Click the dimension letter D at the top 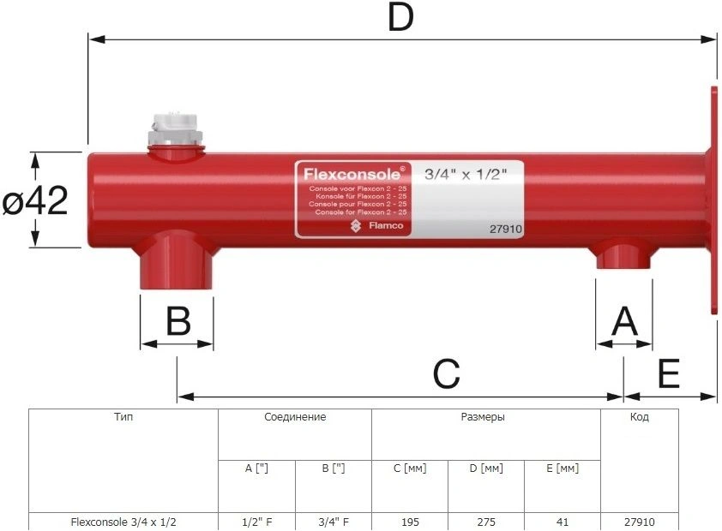[x=400, y=18]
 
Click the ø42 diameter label [x=35, y=202]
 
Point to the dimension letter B [x=177, y=321]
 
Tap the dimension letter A [x=624, y=322]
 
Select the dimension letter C [x=446, y=373]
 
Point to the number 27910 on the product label [x=506, y=229]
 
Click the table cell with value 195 [x=409, y=522]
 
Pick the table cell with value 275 [x=485, y=522]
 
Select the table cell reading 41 [x=562, y=522]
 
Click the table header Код [x=639, y=417]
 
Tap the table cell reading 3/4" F [x=333, y=522]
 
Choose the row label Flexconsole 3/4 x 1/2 [x=123, y=522]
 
